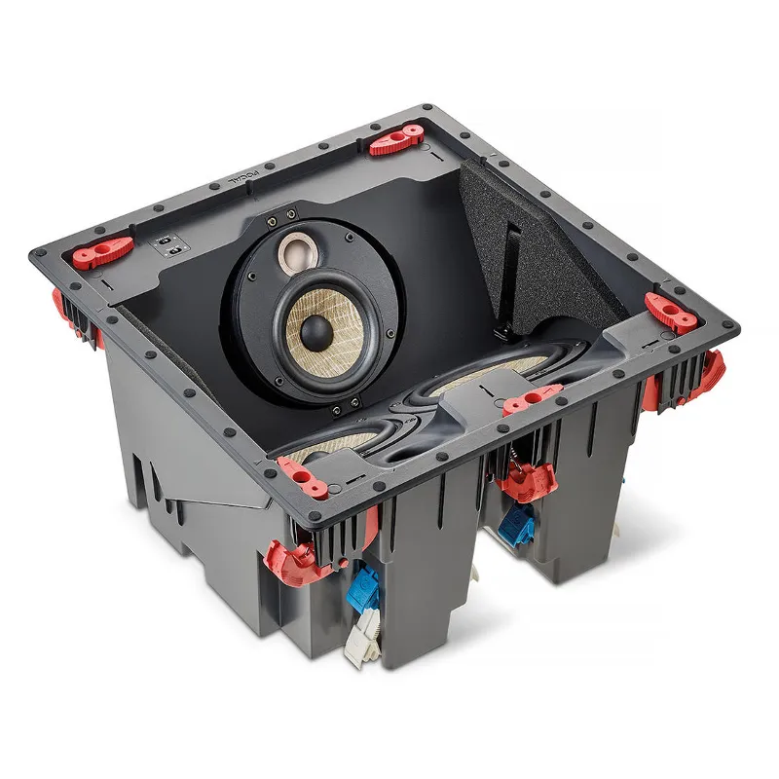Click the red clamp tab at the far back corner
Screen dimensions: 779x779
coord(397,138)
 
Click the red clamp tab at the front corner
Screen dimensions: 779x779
coord(304,476)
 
